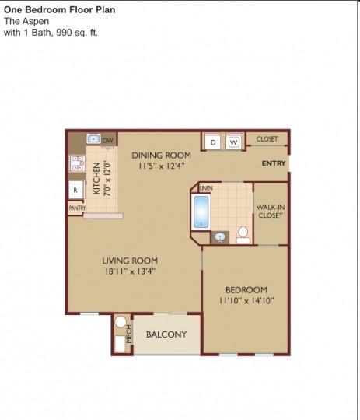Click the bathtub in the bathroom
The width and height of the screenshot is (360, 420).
201,212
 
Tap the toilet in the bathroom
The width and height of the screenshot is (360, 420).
243,235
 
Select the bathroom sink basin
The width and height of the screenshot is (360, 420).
220,237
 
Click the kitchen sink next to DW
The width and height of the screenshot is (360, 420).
93,138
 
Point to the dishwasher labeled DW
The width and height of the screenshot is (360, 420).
108,140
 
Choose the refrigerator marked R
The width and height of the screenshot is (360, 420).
75,190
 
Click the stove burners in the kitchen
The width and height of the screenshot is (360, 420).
77,163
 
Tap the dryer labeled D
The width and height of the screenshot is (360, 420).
213,142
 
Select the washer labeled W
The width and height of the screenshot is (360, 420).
233,142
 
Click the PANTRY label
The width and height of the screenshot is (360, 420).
77,208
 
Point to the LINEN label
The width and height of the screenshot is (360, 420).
206,188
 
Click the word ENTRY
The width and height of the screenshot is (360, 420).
274,163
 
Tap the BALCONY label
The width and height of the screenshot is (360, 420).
166,334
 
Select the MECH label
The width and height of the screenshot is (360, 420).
129,334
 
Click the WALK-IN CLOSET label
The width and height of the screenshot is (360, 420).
271,211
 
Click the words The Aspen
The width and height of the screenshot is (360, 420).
26,21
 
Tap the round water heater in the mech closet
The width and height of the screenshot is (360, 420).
121,322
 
